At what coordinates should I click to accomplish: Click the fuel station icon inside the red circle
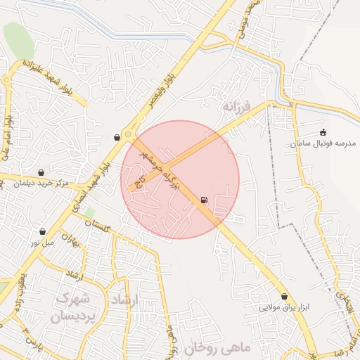point(204,200)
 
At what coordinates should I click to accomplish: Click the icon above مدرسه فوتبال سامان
point(323,131)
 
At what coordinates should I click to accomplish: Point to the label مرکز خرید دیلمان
point(41,184)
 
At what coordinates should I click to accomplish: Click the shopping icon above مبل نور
point(43,231)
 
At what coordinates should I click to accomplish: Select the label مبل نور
point(41,243)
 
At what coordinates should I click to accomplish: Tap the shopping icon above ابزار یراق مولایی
point(285,297)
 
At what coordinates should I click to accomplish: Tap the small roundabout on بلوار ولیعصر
point(128,134)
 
